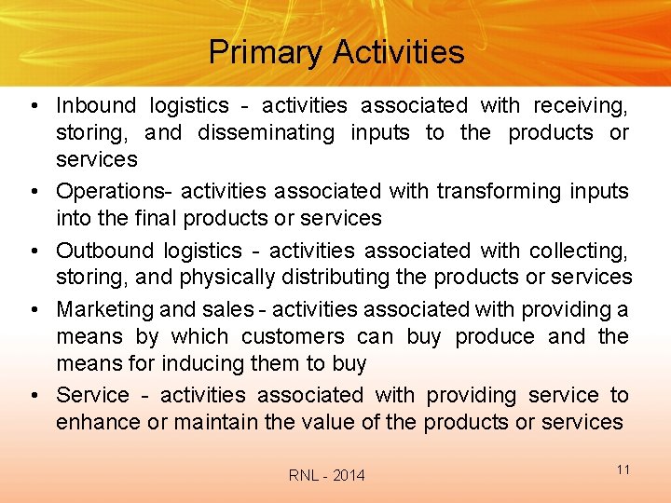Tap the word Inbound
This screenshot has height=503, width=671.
95,106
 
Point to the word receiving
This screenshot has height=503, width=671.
582,106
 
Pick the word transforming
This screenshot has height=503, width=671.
496,192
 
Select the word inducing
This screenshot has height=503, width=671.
205,363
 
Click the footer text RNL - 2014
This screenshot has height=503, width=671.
327,476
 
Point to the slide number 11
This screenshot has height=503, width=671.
623,469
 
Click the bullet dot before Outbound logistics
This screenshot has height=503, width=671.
34,251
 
